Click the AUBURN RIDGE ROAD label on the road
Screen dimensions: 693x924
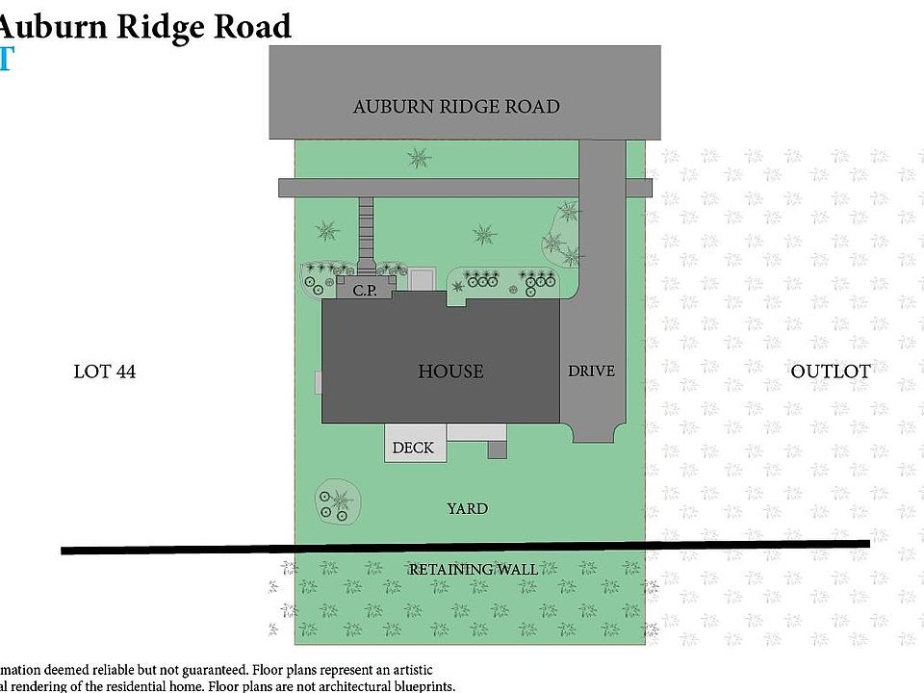[x=456, y=107]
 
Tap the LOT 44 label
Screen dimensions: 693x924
[x=105, y=372]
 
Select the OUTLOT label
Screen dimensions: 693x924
[x=830, y=372]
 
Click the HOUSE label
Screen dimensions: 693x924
[x=450, y=372]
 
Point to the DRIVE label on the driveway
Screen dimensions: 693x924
[x=591, y=371]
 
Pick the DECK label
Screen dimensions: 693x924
[x=413, y=448]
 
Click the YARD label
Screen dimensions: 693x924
[x=467, y=508]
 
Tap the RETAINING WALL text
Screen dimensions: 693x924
[x=473, y=570]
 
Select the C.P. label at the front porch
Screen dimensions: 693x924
[x=364, y=290]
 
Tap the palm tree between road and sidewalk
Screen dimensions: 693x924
[x=418, y=156]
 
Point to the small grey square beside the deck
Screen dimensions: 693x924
[x=497, y=449]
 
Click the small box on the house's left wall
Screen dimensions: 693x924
[x=318, y=382]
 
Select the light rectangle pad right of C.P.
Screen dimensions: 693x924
[x=422, y=280]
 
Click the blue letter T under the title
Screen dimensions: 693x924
[x=6, y=60]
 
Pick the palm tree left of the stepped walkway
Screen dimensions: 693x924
[x=327, y=231]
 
